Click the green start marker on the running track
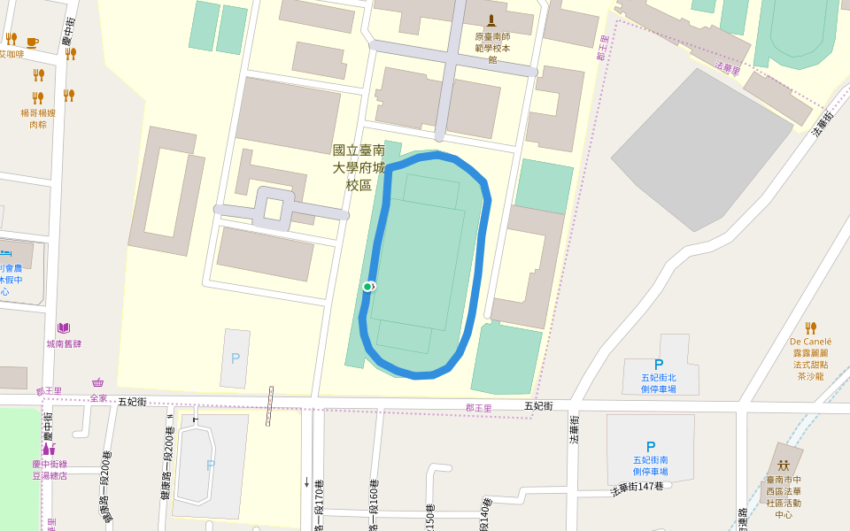click(x=367, y=287)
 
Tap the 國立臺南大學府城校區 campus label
click(x=359, y=167)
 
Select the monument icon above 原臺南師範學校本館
click(x=492, y=19)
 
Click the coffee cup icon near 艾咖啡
click(x=33, y=42)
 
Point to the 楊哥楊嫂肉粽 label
click(x=38, y=119)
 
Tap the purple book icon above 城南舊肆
click(x=64, y=328)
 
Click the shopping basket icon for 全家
click(x=97, y=382)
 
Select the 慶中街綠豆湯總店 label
click(x=50, y=469)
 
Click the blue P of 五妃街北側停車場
click(x=658, y=364)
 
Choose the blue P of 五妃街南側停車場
click(x=651, y=447)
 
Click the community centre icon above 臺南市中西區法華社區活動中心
click(x=784, y=465)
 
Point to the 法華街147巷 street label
click(x=637, y=488)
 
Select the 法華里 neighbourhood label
click(x=728, y=68)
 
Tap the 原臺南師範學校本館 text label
click(x=492, y=48)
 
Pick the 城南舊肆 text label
click(x=64, y=343)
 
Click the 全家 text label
click(x=98, y=398)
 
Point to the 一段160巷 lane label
click(x=374, y=504)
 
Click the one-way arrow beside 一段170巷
click(x=306, y=482)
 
